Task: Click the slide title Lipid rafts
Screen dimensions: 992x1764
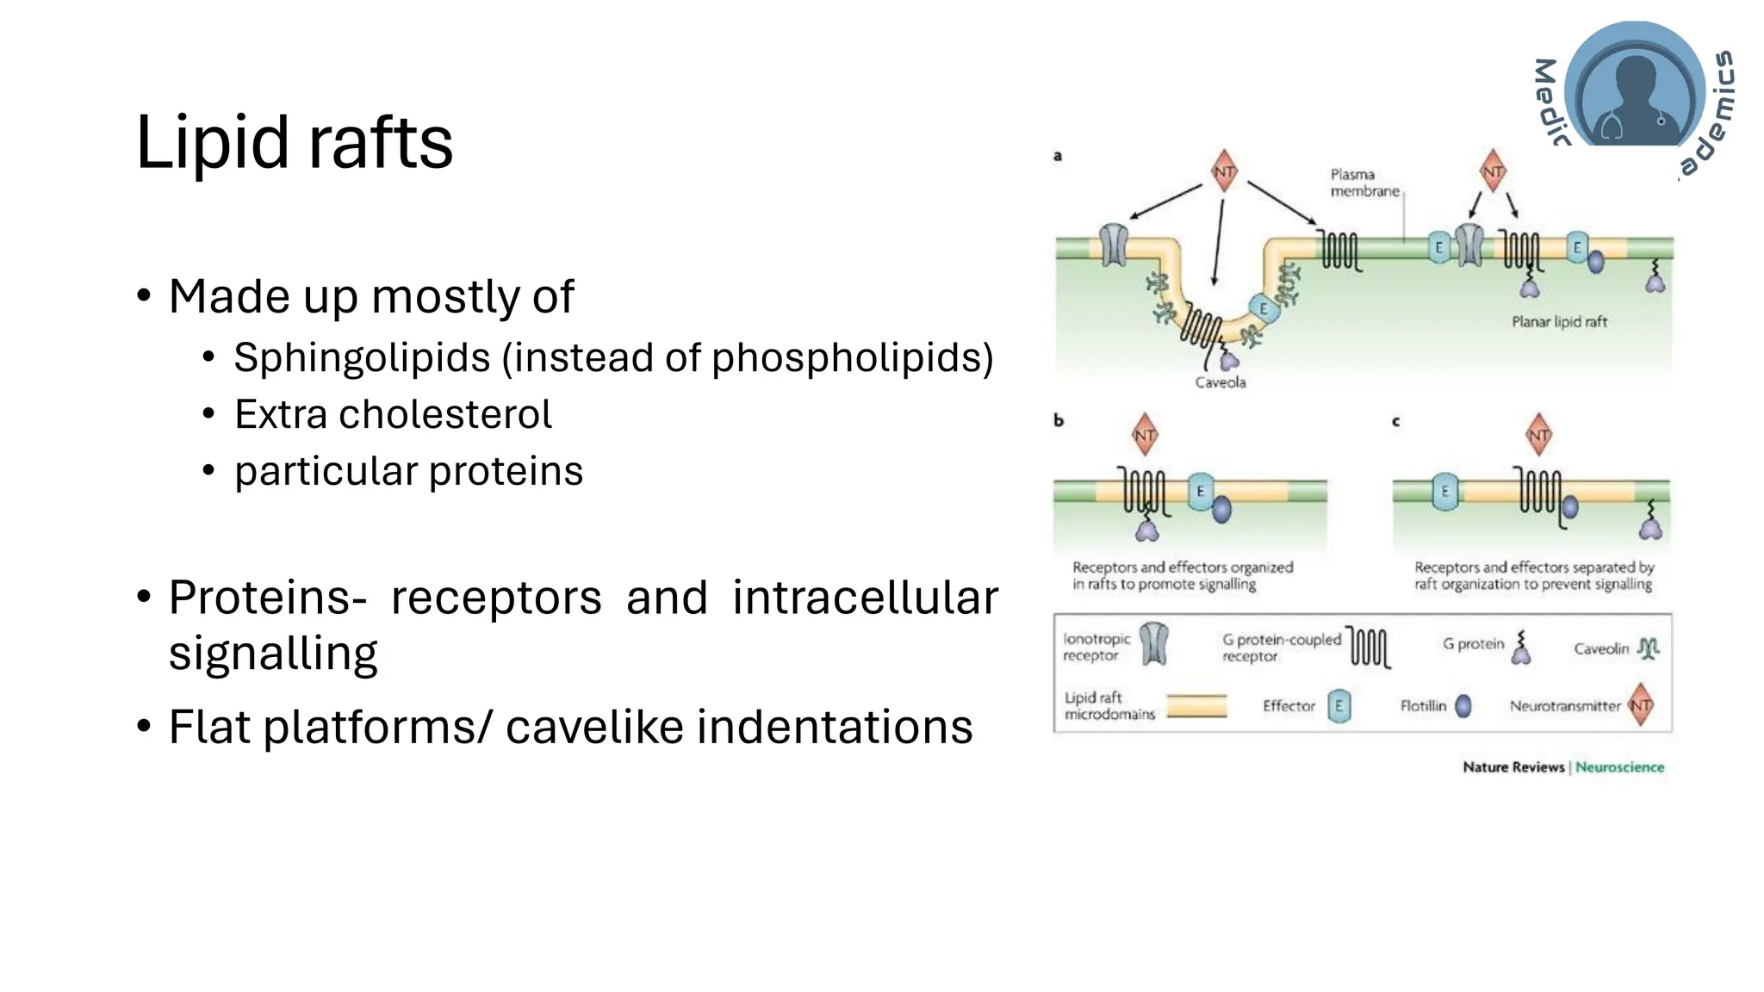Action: (x=294, y=143)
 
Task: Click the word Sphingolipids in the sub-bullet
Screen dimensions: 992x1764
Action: (x=361, y=357)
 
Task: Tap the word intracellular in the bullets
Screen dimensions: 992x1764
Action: (x=865, y=598)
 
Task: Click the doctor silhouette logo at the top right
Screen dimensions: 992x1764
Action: (x=1634, y=90)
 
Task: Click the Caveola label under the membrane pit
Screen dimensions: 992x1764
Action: (x=1220, y=382)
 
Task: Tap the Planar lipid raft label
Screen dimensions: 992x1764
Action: (x=1559, y=322)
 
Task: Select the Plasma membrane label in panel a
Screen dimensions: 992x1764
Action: (x=1363, y=183)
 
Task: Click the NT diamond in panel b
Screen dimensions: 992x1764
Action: (x=1145, y=436)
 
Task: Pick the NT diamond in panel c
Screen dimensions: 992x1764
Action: (x=1538, y=436)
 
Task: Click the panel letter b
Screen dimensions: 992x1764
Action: (x=1059, y=420)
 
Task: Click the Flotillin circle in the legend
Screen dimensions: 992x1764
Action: (x=1463, y=706)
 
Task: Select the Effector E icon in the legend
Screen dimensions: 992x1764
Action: (x=1339, y=706)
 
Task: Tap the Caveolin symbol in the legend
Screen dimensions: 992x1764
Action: (x=1648, y=648)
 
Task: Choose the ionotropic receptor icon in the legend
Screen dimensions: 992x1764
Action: (x=1154, y=644)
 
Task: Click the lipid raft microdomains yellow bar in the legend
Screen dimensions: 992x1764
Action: (x=1196, y=706)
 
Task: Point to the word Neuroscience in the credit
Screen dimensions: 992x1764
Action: (x=1619, y=767)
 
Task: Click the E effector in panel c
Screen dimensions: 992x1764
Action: (x=1445, y=493)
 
